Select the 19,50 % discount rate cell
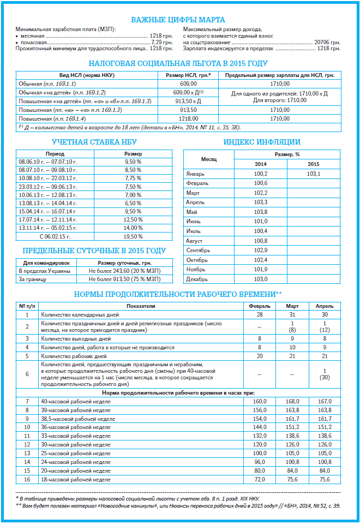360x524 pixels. [133, 236]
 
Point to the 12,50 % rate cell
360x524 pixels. [133, 219]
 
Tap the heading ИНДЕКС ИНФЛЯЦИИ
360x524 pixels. [262, 142]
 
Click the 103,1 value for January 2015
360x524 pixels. [314, 173]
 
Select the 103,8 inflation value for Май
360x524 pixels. [261, 212]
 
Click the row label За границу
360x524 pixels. [32, 279]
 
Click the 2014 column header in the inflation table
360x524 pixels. [261, 164]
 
